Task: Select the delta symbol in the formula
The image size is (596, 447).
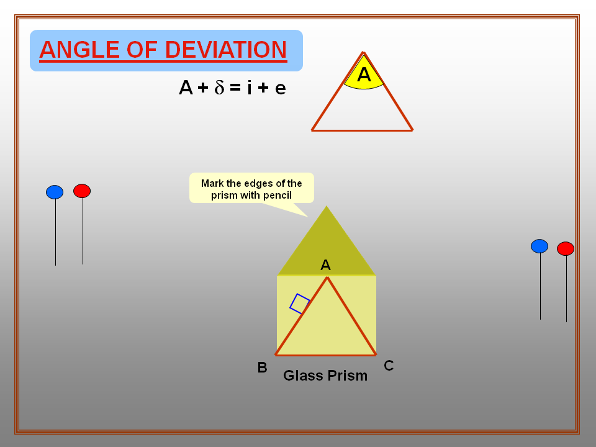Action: (219, 88)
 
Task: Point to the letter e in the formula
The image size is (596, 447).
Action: (280, 89)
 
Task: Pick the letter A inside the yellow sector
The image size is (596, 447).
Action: (364, 75)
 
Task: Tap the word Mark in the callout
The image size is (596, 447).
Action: (212, 183)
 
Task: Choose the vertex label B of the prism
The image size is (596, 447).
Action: (262, 368)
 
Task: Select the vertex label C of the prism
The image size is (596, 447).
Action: (389, 366)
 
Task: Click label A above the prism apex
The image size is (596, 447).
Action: (325, 266)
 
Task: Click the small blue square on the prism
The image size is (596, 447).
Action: (300, 304)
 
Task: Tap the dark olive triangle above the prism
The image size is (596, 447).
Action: (327, 248)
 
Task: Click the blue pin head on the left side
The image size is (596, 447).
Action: (55, 192)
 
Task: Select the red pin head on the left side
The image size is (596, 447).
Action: (82, 191)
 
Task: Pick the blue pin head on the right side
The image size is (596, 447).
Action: (540, 246)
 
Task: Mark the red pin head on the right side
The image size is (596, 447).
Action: (566, 248)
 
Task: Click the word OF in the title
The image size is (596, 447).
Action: (138, 50)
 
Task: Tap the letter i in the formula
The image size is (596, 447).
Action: (249, 88)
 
